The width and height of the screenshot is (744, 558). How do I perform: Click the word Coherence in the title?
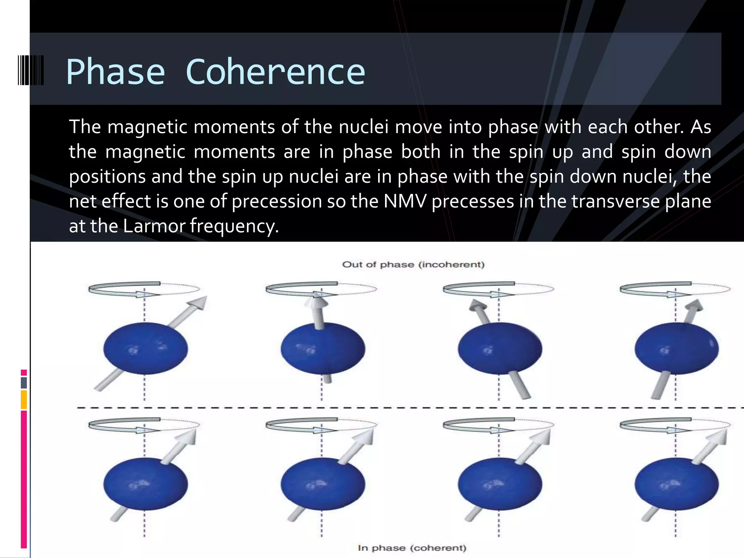tap(275, 72)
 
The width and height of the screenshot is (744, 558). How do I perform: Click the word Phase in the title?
tap(116, 72)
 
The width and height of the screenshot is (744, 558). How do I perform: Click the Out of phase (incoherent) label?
tap(413, 264)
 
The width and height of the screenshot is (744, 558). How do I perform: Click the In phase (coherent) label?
tap(412, 548)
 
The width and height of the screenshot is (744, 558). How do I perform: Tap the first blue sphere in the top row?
tap(145, 348)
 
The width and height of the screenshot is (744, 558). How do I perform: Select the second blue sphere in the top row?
tap(323, 348)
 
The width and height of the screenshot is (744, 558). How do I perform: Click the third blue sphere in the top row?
tap(500, 348)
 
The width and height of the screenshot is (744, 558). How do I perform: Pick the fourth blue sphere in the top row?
tap(676, 348)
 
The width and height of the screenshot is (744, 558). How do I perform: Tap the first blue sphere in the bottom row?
tap(145, 484)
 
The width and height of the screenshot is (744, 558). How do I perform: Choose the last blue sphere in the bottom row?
tap(676, 484)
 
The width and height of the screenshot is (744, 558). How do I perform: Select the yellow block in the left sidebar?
tap(24, 399)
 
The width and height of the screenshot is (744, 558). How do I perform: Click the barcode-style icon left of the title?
tap(31, 70)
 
